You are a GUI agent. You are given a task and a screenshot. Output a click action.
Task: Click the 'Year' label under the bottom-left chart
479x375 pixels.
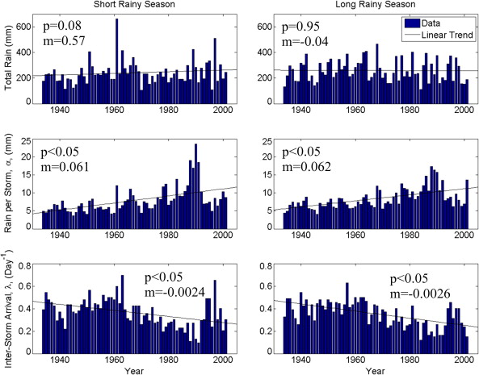click(x=132, y=369)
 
